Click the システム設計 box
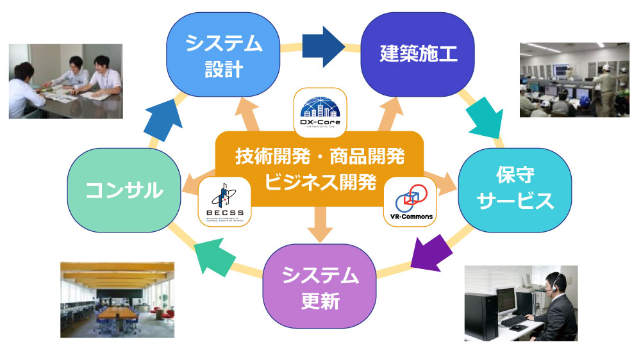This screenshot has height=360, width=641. (x=224, y=54)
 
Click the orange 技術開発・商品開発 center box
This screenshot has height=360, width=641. (x=319, y=168)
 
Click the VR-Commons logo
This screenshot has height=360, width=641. (x=411, y=199)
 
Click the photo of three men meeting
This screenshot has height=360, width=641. (x=65, y=81)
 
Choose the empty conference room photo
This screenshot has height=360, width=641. (x=117, y=300)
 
